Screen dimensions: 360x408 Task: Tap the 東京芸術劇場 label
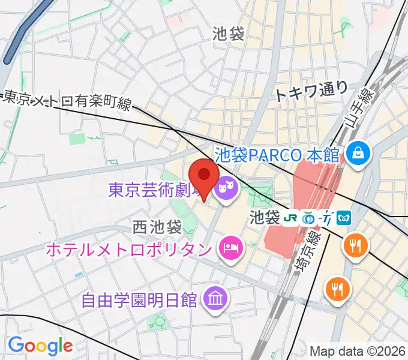pyautogui.click(x=154, y=191)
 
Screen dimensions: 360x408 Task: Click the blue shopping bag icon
pyautogui.click(x=359, y=154)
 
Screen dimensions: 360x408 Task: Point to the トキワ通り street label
pyautogui.click(x=311, y=90)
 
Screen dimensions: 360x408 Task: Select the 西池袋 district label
pyautogui.click(x=157, y=227)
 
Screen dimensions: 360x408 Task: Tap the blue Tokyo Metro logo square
pyautogui.click(x=344, y=217)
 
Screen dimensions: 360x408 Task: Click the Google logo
pyautogui.click(x=40, y=345)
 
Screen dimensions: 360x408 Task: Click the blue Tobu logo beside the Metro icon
pyautogui.click(x=328, y=217)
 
